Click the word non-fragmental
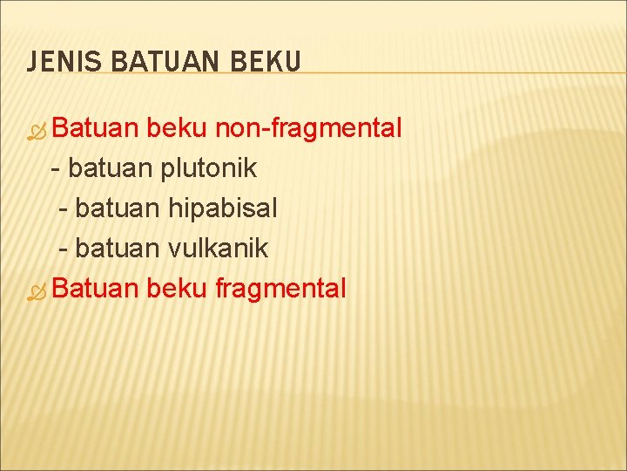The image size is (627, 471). coord(308,129)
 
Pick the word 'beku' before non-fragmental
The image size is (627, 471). coord(177,129)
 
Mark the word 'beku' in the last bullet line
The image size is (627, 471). coord(177,288)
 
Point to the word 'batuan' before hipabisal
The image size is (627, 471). coord(118,208)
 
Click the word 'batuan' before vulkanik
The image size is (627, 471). coord(118,249)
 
